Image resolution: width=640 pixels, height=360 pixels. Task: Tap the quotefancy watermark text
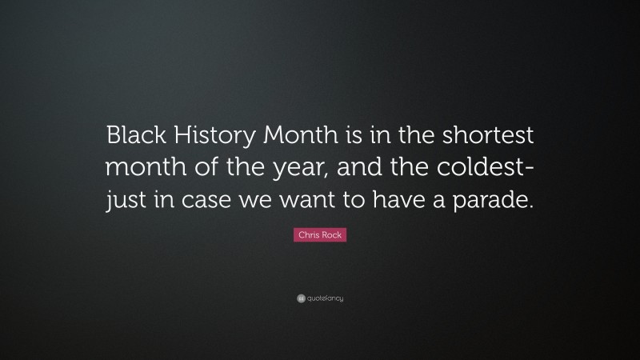coord(325,299)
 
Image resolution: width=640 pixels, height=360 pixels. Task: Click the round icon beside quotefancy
coord(301,299)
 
